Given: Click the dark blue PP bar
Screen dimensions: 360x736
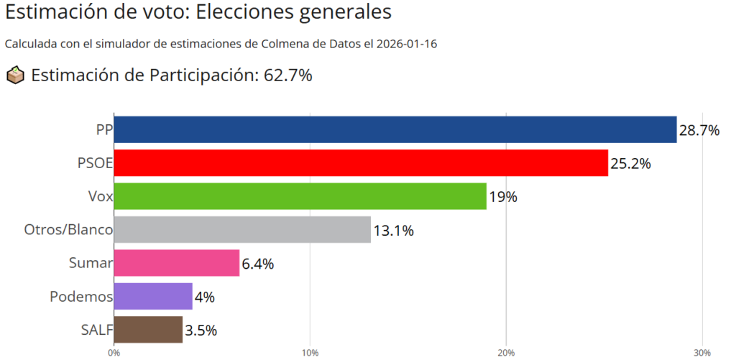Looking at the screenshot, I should [x=395, y=130].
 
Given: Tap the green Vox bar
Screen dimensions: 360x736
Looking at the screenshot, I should [x=300, y=196].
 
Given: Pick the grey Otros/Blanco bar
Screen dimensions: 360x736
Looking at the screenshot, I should [x=242, y=230].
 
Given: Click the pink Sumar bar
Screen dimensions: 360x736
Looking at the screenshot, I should [x=176, y=263].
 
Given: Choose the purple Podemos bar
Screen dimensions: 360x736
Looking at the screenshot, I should [x=153, y=296].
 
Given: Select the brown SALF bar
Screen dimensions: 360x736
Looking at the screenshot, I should [x=148, y=330].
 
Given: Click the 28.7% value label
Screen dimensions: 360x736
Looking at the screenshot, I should [x=699, y=130].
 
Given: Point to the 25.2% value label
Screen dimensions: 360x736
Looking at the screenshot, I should [x=630, y=163].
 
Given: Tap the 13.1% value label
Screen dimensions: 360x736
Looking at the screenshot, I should [x=393, y=231].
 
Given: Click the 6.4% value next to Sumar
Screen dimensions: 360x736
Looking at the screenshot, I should [x=258, y=264].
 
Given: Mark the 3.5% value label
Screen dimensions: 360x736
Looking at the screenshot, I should [x=201, y=331].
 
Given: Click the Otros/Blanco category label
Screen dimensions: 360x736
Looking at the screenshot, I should [x=68, y=230].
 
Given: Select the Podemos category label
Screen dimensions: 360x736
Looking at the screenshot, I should [x=81, y=296].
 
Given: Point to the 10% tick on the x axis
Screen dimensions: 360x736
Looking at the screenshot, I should [x=310, y=352].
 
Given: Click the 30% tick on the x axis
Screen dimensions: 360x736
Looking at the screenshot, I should [x=702, y=352].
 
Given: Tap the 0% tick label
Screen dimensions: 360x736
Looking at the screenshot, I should [x=114, y=352].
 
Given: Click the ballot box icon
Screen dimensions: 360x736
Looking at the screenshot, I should [x=15, y=75].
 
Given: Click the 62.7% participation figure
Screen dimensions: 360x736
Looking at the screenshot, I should [x=285, y=75].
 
